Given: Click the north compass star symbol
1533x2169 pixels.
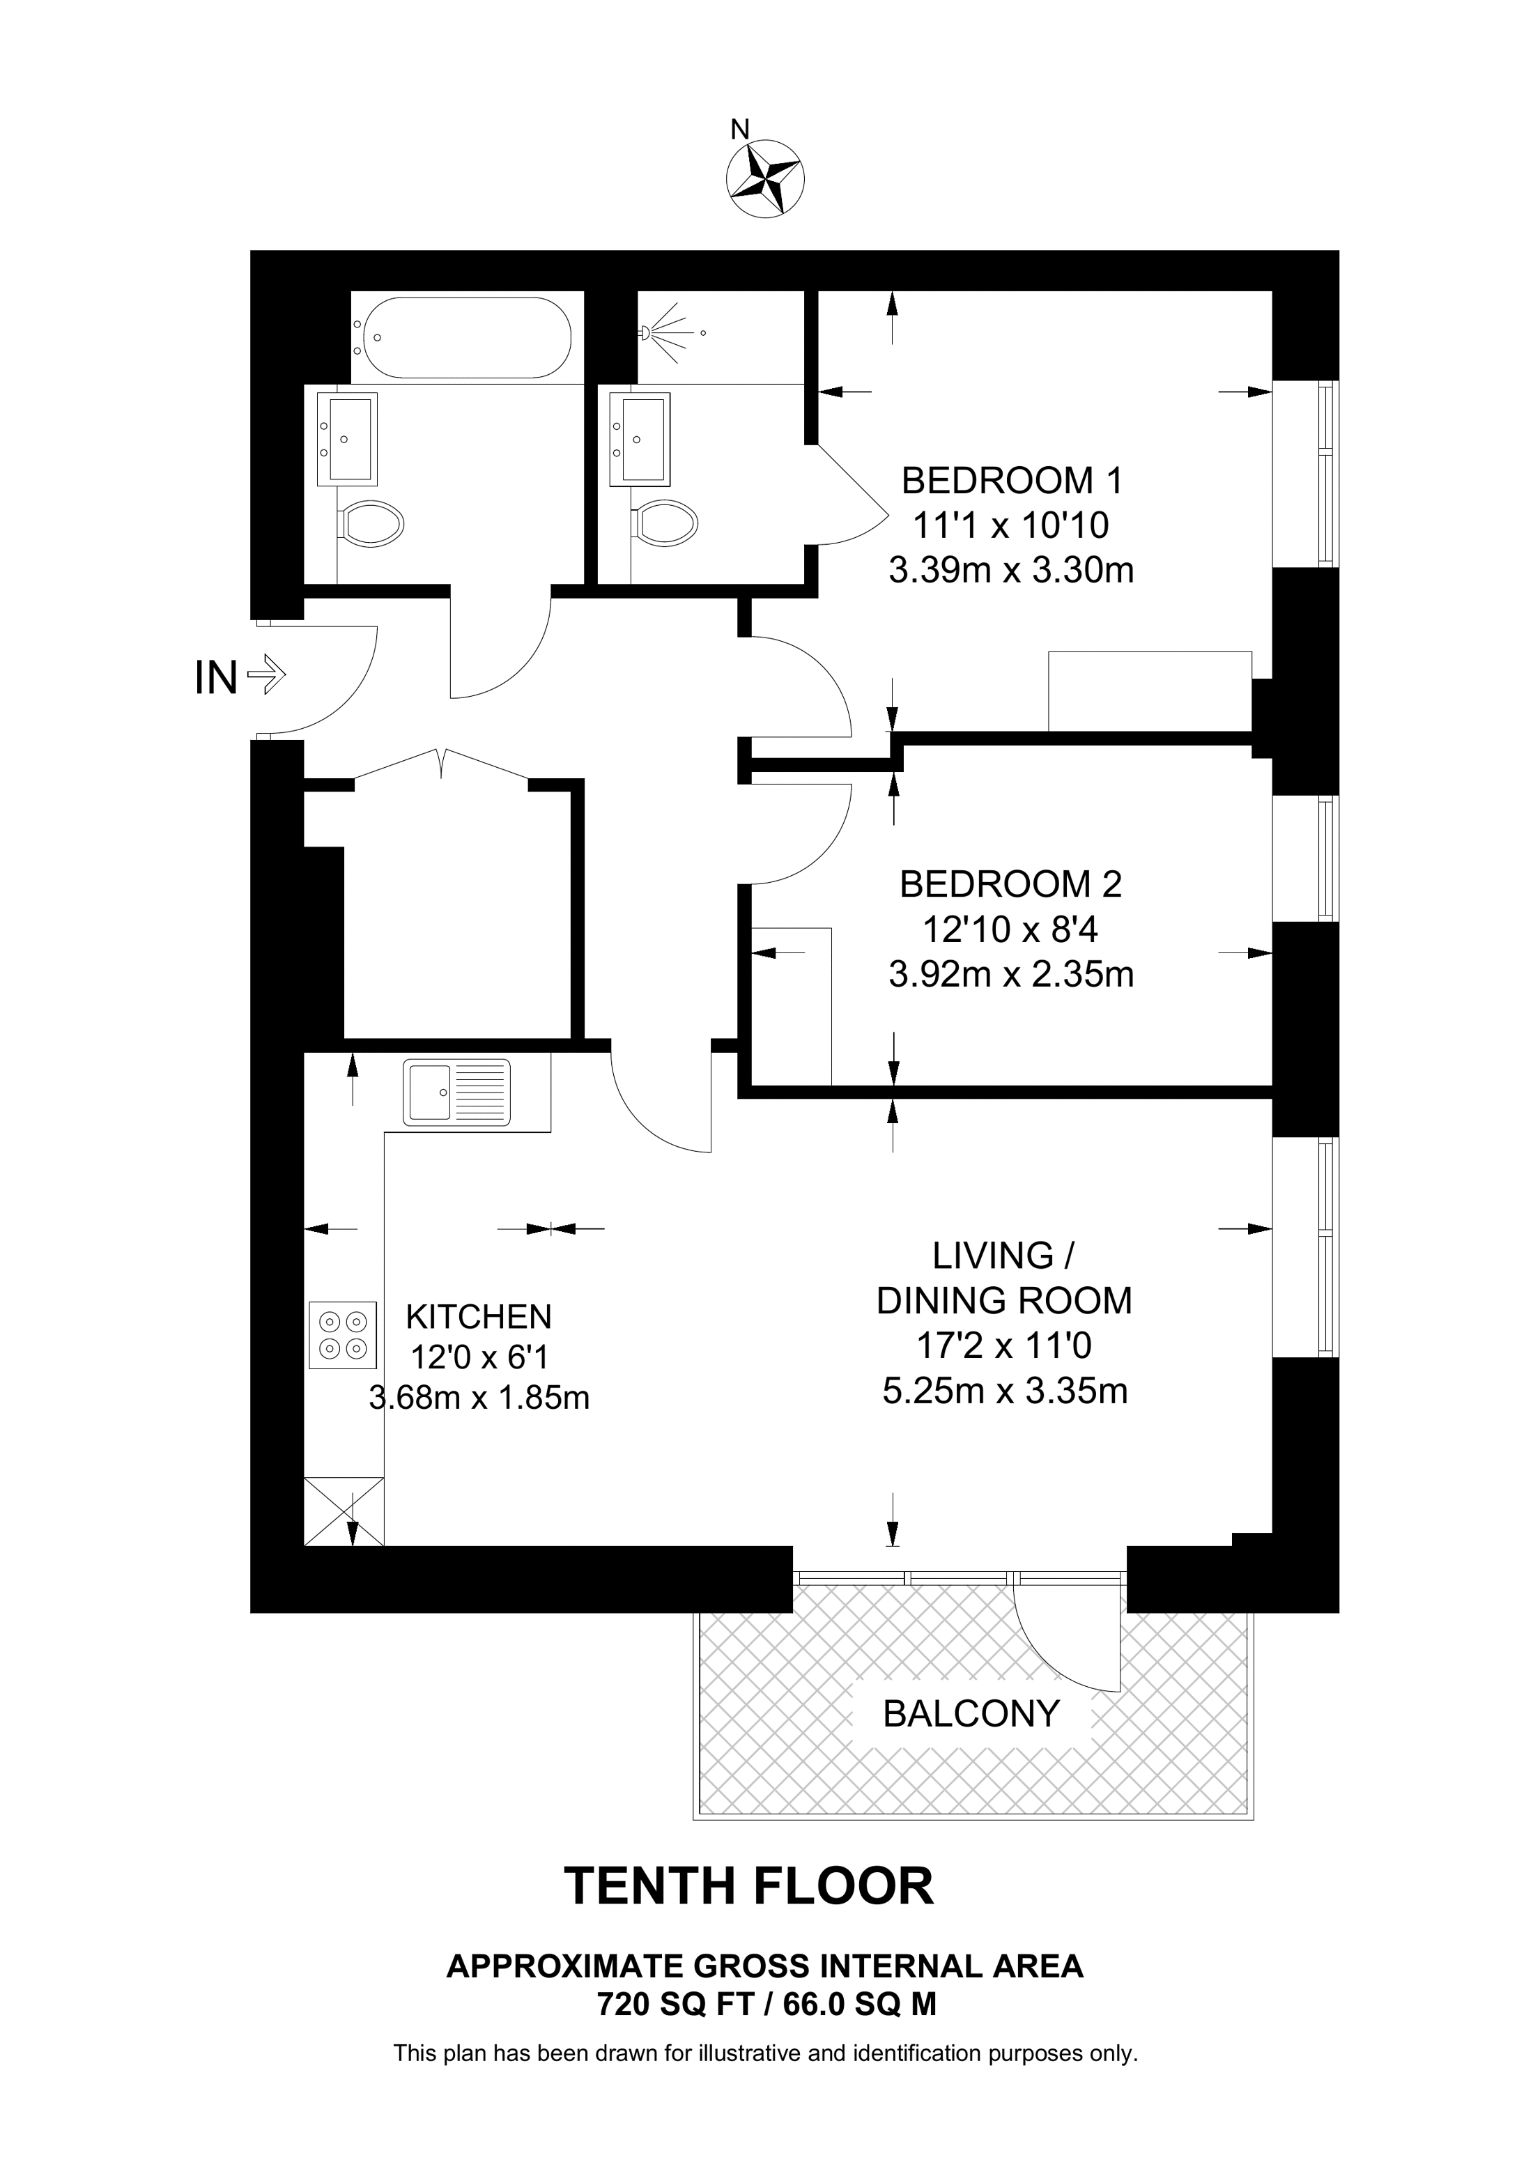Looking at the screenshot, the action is pyautogui.click(x=765, y=178).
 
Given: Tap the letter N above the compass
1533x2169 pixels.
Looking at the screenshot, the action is pyautogui.click(x=741, y=128).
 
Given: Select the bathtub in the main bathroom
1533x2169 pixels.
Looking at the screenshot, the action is pyautogui.click(x=462, y=338).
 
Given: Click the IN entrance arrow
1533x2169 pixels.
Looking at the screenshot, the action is pyautogui.click(x=265, y=677).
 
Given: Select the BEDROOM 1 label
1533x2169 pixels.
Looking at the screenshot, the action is pyautogui.click(x=1012, y=481).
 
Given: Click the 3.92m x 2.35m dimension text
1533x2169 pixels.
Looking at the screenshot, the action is pyautogui.click(x=1010, y=974).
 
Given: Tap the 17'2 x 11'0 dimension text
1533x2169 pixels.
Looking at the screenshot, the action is pyautogui.click(x=1005, y=1345).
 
